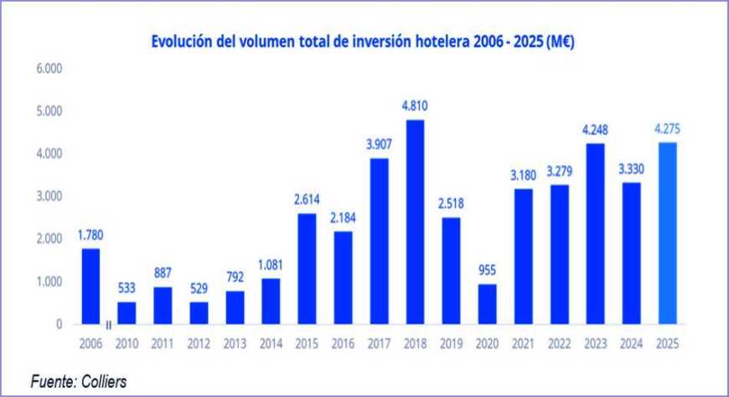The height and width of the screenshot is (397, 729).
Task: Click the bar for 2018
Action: coord(416,221)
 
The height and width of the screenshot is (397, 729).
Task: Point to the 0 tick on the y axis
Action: coord(59,324)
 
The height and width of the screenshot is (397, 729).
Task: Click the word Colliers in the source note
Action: coord(105,381)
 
